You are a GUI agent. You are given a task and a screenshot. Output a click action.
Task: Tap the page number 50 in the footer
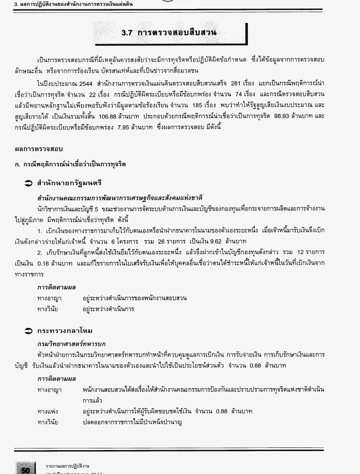pos(25,469)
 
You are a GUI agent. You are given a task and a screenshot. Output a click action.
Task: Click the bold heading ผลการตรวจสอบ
pos(39,149)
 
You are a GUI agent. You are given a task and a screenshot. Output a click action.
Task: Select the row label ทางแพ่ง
pos(48,411)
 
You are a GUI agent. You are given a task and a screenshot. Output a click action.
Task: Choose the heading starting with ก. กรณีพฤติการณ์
pos(70,164)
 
